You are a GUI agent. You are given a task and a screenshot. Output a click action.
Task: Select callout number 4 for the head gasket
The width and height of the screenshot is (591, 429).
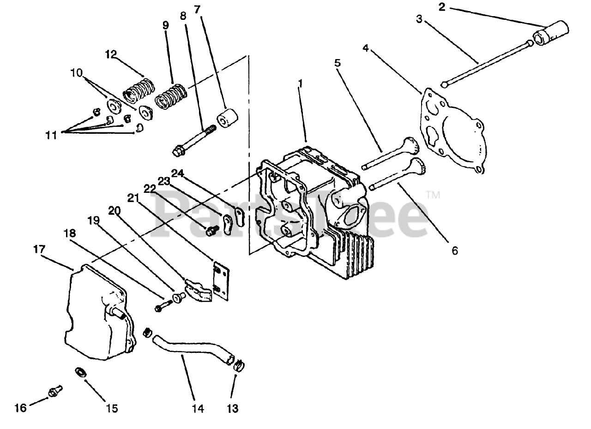[365, 48]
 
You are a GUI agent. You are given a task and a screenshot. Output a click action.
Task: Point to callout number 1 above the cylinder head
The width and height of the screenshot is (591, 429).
[300, 83]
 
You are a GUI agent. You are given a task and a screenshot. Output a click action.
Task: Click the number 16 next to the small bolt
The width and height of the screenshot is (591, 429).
[20, 408]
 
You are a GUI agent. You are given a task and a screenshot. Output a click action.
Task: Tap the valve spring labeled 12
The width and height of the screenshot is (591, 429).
[138, 89]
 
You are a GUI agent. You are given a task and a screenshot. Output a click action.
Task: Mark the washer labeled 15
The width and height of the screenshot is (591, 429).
[81, 371]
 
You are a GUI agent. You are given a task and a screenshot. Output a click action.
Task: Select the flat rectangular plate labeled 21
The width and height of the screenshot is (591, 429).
[223, 281]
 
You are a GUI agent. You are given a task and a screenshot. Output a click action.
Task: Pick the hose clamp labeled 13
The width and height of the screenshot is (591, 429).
[239, 366]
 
